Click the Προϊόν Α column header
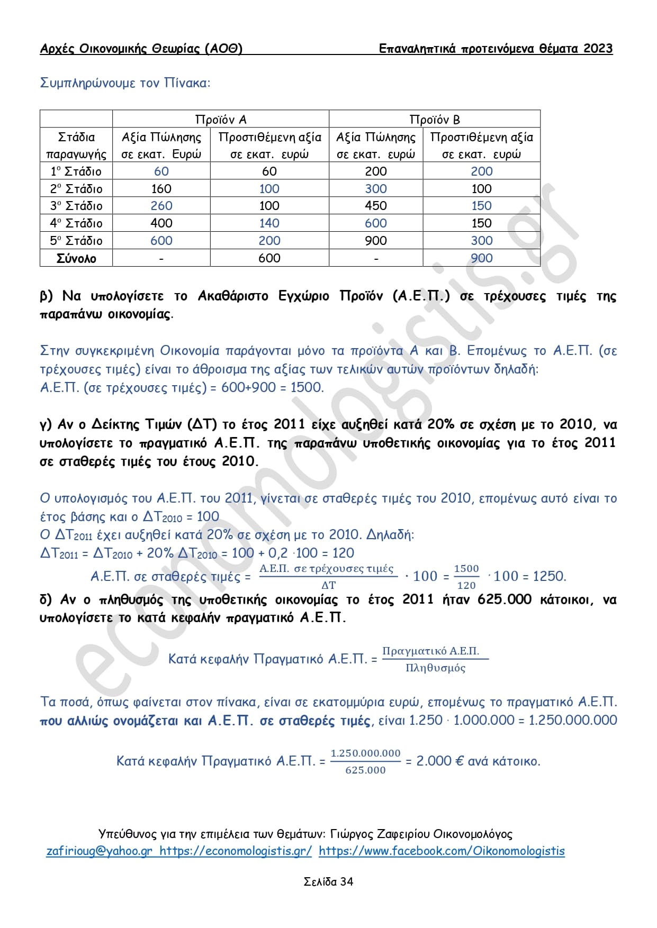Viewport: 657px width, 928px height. [x=221, y=119]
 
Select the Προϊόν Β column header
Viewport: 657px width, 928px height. [x=434, y=119]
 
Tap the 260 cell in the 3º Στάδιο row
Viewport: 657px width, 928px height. [x=161, y=206]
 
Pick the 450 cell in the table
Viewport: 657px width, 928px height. [x=376, y=206]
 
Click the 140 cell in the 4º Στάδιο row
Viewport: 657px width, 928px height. [x=269, y=223]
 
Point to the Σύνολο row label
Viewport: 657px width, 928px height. [x=76, y=258]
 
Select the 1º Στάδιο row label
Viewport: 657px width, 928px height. [x=76, y=171]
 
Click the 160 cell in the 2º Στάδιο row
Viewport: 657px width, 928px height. [x=161, y=189]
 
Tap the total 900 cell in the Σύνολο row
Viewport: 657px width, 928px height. [x=482, y=258]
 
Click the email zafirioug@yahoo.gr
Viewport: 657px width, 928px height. [x=100, y=851]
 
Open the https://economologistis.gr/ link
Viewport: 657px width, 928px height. [x=236, y=851]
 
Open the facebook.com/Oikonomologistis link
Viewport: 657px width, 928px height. [x=442, y=851]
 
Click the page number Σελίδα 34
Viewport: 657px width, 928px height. [x=328, y=881]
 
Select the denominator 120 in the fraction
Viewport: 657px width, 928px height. [x=466, y=585]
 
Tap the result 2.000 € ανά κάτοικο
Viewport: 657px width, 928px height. [x=478, y=761]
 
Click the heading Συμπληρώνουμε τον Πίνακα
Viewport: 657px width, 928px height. [x=125, y=83]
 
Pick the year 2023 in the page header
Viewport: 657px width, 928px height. [x=598, y=49]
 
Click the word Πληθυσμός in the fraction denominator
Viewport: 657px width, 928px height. [x=435, y=668]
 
